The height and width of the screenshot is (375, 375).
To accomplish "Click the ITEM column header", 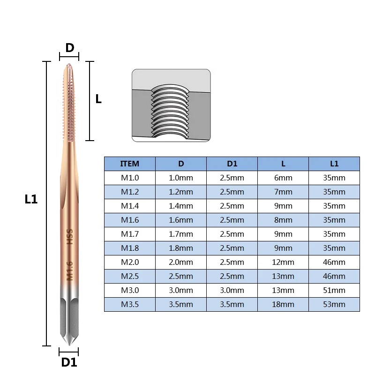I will click(130, 164).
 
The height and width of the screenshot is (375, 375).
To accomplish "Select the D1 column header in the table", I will click(232, 164).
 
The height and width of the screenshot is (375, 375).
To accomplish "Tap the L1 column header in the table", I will click(334, 164).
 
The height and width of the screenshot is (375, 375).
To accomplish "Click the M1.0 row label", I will click(130, 178).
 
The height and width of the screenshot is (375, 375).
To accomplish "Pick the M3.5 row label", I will click(130, 304).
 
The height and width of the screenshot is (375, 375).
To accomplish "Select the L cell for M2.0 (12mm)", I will click(283, 262).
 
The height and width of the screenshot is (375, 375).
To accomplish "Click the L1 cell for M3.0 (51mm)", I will click(334, 290).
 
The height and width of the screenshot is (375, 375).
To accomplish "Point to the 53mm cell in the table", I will click(334, 304).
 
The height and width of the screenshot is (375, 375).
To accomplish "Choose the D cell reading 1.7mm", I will click(181, 234).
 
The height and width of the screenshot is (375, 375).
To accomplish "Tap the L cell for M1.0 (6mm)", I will click(283, 178).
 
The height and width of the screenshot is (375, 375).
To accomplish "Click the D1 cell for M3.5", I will click(232, 304).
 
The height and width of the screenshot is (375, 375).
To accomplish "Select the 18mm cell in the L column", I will click(283, 304).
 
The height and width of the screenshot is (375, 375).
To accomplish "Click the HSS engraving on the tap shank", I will click(69, 237).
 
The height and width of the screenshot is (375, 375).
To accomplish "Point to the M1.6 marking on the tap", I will click(69, 270).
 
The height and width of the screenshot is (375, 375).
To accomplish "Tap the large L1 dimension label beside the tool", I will click(31, 199).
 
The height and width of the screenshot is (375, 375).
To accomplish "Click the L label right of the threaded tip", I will click(98, 99).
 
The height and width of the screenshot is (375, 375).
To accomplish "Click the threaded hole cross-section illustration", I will click(171, 105).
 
